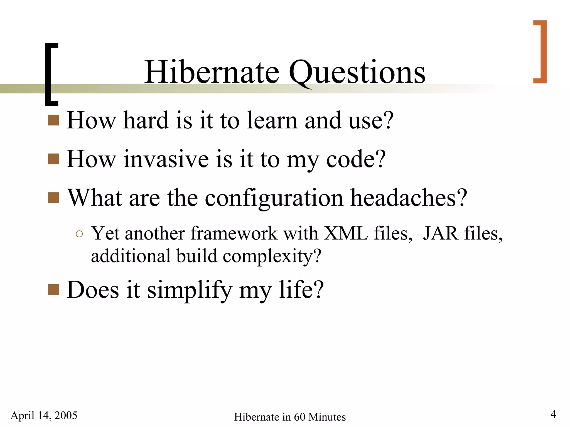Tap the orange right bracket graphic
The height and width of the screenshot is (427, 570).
[x=540, y=52]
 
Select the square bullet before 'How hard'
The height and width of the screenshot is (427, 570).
[x=53, y=120]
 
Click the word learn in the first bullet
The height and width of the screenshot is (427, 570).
[x=272, y=120]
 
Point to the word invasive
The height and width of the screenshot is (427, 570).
[x=166, y=159]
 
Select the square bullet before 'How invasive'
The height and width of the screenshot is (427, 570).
[x=53, y=159]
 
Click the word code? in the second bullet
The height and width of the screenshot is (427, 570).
[x=356, y=159]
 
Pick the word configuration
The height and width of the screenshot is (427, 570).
[x=274, y=198]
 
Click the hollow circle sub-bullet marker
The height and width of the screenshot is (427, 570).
[x=79, y=234]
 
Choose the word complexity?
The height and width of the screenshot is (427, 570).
[x=272, y=256]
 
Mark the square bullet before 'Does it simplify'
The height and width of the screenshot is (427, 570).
[x=53, y=289]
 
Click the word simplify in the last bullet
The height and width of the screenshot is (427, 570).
[x=189, y=290]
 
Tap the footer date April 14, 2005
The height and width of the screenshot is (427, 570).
[x=44, y=415]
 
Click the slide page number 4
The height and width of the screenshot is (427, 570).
[x=553, y=414]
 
